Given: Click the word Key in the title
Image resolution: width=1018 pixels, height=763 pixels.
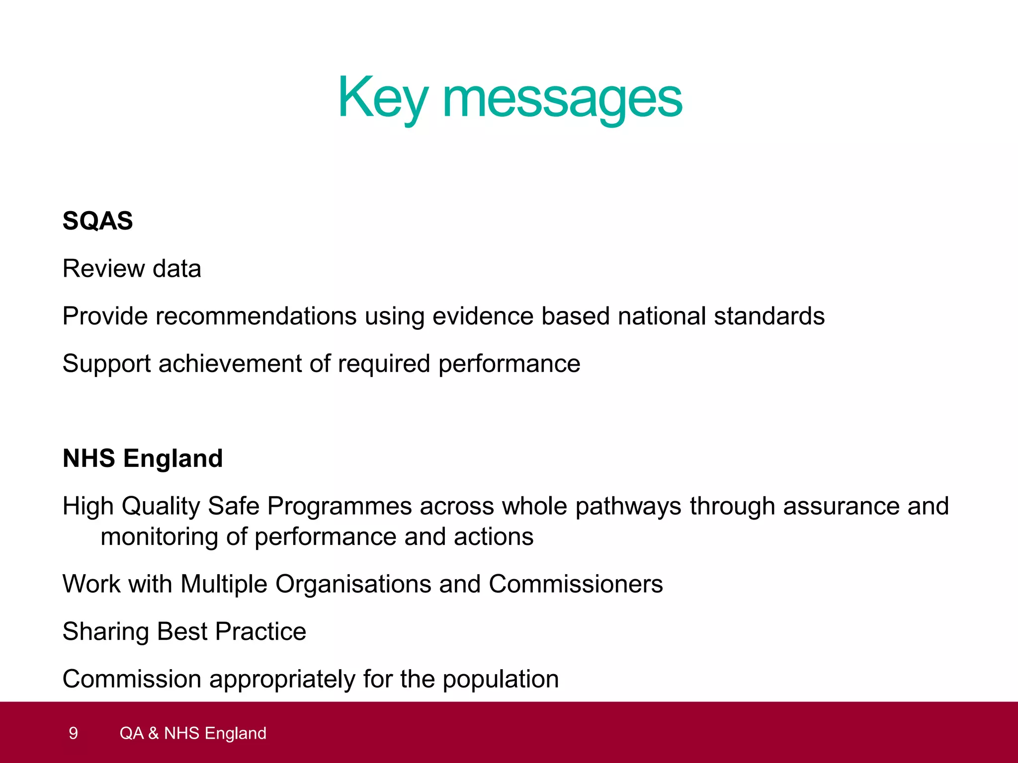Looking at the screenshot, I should click(382, 98).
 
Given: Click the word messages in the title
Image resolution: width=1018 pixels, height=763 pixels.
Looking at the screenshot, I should click(562, 99).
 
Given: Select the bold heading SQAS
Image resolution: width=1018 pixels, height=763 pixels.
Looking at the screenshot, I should click(98, 221).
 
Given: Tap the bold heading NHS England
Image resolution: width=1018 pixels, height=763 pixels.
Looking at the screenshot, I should click(143, 458).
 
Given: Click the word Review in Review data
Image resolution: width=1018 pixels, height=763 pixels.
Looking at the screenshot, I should click(103, 269).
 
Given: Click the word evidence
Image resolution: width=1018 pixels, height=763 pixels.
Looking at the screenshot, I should click(483, 316).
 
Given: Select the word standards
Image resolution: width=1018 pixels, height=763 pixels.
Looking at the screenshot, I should click(769, 316).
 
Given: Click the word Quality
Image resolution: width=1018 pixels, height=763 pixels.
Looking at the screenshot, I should click(161, 506).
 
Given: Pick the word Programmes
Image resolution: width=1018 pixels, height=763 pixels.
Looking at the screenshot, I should click(339, 506).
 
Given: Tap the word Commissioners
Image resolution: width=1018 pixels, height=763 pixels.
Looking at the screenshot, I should click(576, 584).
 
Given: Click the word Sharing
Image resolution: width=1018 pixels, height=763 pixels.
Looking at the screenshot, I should click(105, 632).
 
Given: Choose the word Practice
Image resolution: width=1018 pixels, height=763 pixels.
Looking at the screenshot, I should click(260, 632).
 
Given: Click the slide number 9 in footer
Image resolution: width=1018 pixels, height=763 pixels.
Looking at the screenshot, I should click(73, 733).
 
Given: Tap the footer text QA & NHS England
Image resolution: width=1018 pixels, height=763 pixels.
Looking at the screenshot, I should click(193, 733).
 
